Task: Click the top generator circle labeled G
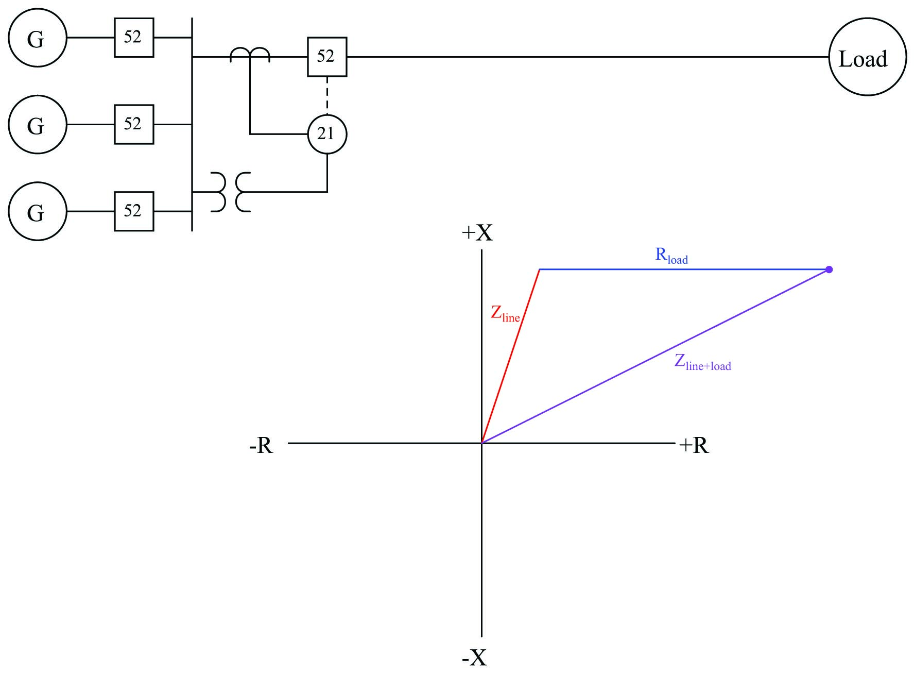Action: [37, 38]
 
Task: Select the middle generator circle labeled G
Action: [37, 124]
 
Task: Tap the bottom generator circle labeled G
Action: [37, 211]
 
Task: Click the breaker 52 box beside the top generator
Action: [134, 38]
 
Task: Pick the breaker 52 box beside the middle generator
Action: [134, 124]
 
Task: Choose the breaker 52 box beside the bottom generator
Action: [134, 211]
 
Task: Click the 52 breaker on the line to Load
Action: [327, 57]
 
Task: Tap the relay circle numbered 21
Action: [327, 134]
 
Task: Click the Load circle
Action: [867, 57]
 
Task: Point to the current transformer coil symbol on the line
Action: [250, 54]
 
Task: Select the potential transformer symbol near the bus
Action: [231, 192]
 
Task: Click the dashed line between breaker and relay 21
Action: [327, 95]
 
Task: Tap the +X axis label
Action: [477, 233]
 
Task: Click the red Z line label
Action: [505, 314]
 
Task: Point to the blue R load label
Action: [671, 256]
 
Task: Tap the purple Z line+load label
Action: [702, 362]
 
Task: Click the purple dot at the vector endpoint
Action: [829, 269]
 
